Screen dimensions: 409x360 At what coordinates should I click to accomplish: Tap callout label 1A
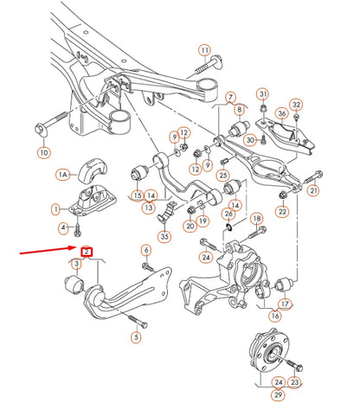pyautogui.click(x=61, y=175)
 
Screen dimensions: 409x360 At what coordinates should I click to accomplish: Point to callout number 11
pyautogui.click(x=204, y=49)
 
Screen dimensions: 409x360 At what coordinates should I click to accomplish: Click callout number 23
pyautogui.click(x=296, y=381)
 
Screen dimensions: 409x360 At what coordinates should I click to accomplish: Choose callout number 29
pyautogui.click(x=279, y=395)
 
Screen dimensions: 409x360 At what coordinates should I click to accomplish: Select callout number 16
pyautogui.click(x=276, y=316)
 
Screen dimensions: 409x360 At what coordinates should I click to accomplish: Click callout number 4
pyautogui.click(x=62, y=228)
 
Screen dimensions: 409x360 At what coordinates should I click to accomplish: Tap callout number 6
pyautogui.click(x=146, y=250)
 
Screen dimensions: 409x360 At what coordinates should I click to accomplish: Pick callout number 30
pyautogui.click(x=249, y=140)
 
